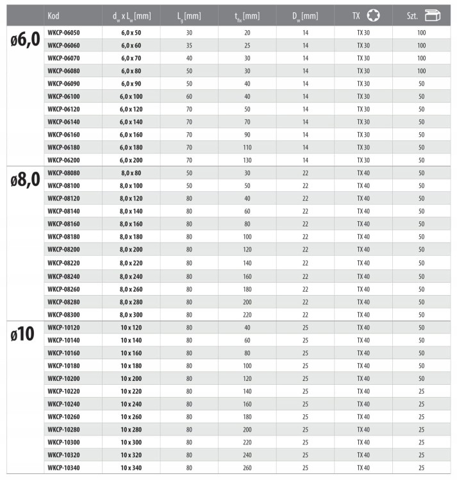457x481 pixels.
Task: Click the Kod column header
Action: pyautogui.click(x=53, y=15)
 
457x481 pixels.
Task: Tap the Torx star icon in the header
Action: pyautogui.click(x=374, y=15)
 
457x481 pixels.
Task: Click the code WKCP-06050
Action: pyautogui.click(x=65, y=32)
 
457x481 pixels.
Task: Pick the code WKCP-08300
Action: pyautogui.click(x=65, y=314)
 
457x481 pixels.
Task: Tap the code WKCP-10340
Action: pyautogui.click(x=65, y=468)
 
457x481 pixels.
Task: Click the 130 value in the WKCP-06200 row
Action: pyautogui.click(x=247, y=159)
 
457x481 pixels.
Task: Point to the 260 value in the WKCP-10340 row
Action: pyautogui.click(x=247, y=468)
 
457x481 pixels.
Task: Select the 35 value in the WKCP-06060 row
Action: pyautogui.click(x=189, y=45)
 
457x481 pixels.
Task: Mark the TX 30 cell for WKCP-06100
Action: pyautogui.click(x=363, y=96)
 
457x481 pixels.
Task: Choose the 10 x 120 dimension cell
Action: pyautogui.click(x=131, y=327)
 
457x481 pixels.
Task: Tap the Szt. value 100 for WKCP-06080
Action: pyautogui.click(x=421, y=71)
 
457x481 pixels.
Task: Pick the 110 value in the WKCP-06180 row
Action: pyautogui.click(x=247, y=147)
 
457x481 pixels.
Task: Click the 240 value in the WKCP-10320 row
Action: pyautogui.click(x=247, y=455)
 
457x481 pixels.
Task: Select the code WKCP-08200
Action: pyautogui.click(x=65, y=249)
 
